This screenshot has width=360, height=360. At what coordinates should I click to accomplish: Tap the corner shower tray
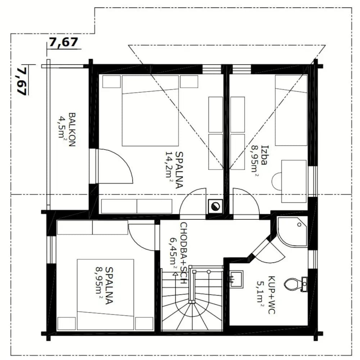coord(292,231)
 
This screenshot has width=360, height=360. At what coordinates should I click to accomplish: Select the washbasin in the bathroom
coord(237,279)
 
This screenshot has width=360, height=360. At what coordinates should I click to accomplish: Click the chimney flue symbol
coord(215,206)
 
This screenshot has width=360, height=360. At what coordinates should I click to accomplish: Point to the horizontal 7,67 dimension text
coord(64,42)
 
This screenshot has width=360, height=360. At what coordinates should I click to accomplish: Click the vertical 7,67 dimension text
coord(22,80)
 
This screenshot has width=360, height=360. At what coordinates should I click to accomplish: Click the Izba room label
coord(265,155)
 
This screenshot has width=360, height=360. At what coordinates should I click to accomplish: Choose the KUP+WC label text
coord(271,295)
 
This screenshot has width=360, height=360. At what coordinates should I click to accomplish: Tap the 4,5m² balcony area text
coord(61,127)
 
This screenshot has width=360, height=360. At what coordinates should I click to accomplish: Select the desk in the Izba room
coord(294,181)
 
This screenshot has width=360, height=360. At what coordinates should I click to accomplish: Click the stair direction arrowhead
coord(175,274)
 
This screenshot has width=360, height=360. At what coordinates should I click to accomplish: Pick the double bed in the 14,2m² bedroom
coord(150,111)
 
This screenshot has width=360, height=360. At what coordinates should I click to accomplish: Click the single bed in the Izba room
coord(291,110)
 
